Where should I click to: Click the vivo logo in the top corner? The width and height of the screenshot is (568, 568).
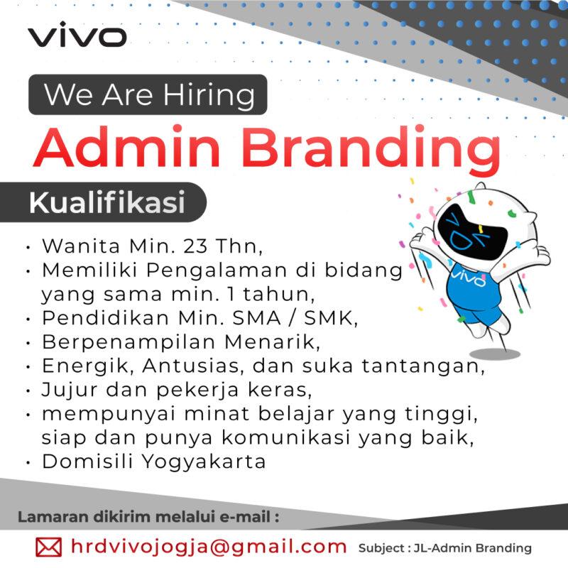click(x=77, y=36)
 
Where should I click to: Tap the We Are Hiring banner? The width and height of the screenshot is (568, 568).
click(x=148, y=94)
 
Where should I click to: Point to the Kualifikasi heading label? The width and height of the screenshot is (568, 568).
click(x=106, y=202)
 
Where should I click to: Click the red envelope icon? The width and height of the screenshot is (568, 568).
click(x=48, y=547)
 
